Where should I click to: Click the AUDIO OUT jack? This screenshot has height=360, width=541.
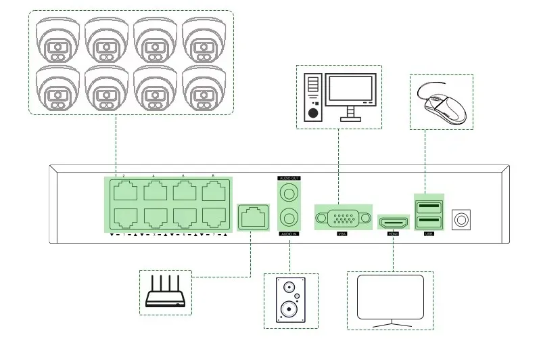click(289, 193)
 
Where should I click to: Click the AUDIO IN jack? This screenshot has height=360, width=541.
click(289, 217)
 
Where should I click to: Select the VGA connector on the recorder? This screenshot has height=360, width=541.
click(344, 219)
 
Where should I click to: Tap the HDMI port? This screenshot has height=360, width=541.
click(394, 221)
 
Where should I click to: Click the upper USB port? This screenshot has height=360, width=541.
click(428, 206)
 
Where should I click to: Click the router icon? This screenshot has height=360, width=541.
click(166, 293)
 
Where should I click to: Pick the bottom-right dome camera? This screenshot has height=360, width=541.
click(204, 87)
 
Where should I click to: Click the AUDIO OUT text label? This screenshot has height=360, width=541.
click(289, 178)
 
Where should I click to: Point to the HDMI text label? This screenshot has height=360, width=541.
click(393, 234)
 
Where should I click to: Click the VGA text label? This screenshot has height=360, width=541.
click(342, 234)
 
